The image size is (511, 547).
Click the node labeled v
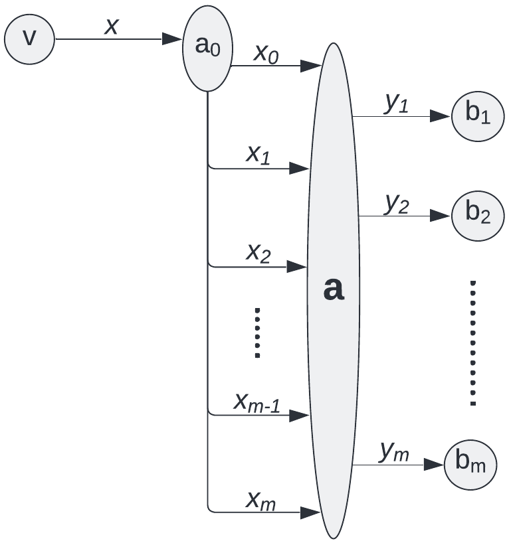pyautogui.click(x=29, y=39)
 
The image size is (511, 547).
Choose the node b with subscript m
pyautogui.click(x=471, y=465)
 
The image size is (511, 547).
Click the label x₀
pyautogui.click(x=266, y=54)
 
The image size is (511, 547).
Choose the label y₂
pyautogui.click(x=397, y=204)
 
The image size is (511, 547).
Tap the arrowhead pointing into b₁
pyautogui.click(x=440, y=116)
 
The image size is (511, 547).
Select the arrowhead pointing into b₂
pyautogui.click(x=440, y=216)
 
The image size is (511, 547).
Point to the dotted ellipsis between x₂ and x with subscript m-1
pyautogui.click(x=258, y=333)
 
